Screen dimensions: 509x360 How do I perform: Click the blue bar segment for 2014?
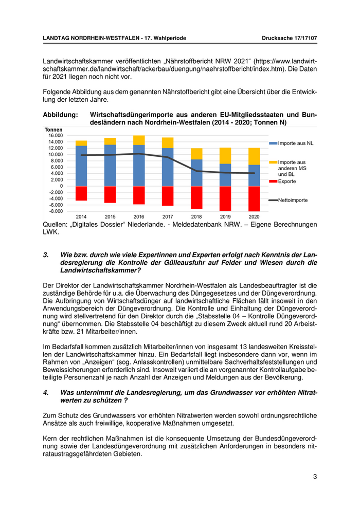[81, 166]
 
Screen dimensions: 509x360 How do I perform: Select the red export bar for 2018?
[196, 197]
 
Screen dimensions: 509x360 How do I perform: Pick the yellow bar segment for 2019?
[225, 155]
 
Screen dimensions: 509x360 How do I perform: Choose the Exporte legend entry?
[287, 181]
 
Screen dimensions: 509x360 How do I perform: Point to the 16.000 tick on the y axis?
[55, 135]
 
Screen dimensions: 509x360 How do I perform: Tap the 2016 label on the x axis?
[139, 216]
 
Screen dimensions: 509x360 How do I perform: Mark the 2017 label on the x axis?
[168, 216]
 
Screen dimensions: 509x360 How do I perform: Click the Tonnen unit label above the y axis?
[53, 129]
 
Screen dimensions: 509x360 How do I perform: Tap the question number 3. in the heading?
[46, 254]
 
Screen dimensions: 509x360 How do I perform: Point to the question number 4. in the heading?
[46, 393]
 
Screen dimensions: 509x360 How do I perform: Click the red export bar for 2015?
[110, 194]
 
